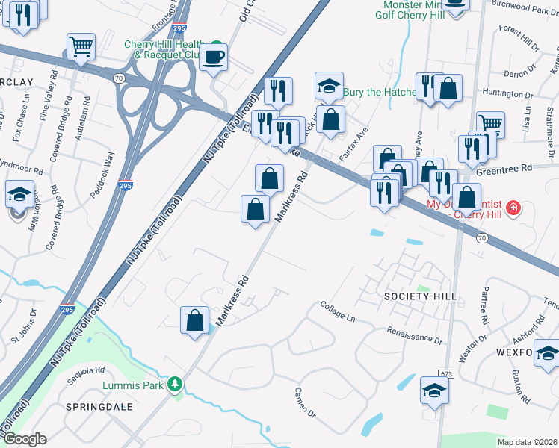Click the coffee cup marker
[x=213, y=57]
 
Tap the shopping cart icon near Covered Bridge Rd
[x=81, y=46]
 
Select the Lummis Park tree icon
[x=176, y=385]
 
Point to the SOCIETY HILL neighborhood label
[x=420, y=296]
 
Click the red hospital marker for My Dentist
[x=513, y=207]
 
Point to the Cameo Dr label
[x=306, y=393]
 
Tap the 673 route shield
[x=447, y=373]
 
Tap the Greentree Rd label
[x=525, y=169]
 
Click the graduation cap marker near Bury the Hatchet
[x=329, y=86]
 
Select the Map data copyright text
[x=527, y=442]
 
